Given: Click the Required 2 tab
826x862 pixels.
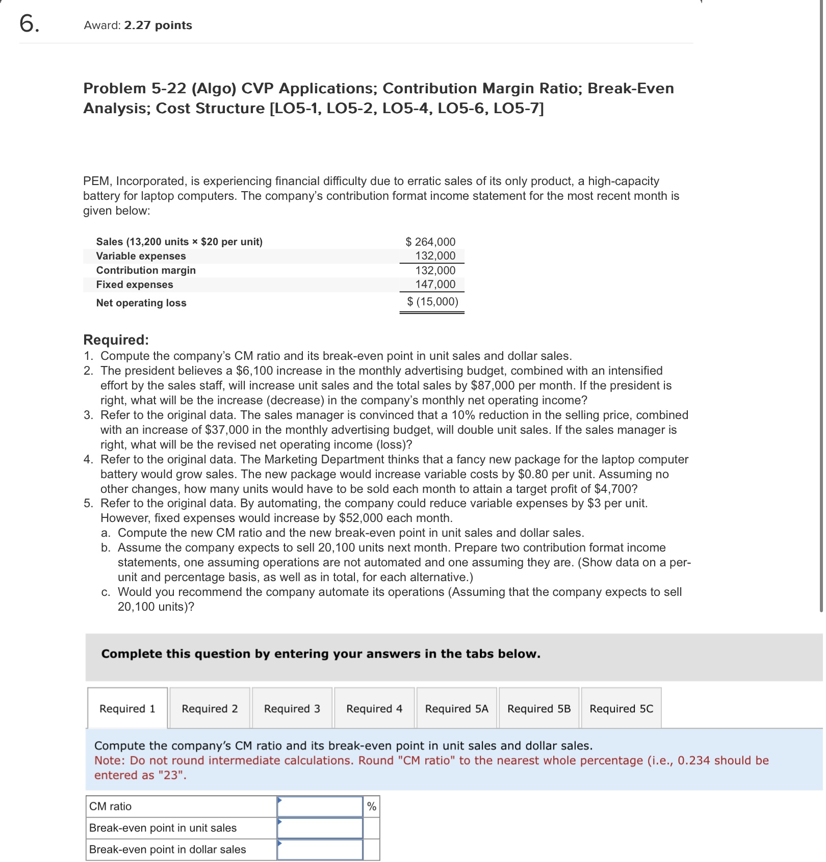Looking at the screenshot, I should (210, 709).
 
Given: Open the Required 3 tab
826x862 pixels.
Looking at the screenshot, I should (292, 709).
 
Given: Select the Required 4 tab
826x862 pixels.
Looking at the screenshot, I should (374, 709).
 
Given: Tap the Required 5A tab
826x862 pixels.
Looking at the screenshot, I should (456, 709).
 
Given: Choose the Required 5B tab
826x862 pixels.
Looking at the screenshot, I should (539, 709).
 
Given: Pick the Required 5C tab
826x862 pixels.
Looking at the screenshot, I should (621, 709).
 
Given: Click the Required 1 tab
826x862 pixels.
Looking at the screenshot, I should (127, 709).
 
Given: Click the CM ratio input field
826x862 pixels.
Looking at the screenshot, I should (320, 806).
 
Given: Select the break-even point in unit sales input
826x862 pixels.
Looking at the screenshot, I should (320, 828).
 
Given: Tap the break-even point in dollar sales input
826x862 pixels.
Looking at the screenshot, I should (320, 849).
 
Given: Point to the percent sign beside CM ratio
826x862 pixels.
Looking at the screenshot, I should (372, 806).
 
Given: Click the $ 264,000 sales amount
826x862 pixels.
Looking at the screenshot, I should (431, 242).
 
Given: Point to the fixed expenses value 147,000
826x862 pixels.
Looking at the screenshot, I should (435, 284).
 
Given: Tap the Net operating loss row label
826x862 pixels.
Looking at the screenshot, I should (141, 303).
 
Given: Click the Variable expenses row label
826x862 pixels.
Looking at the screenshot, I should (141, 256).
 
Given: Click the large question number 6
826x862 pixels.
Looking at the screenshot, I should (29, 23).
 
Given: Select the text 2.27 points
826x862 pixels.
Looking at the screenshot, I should (158, 25).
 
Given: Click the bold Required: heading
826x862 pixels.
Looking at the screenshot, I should (116, 339).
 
